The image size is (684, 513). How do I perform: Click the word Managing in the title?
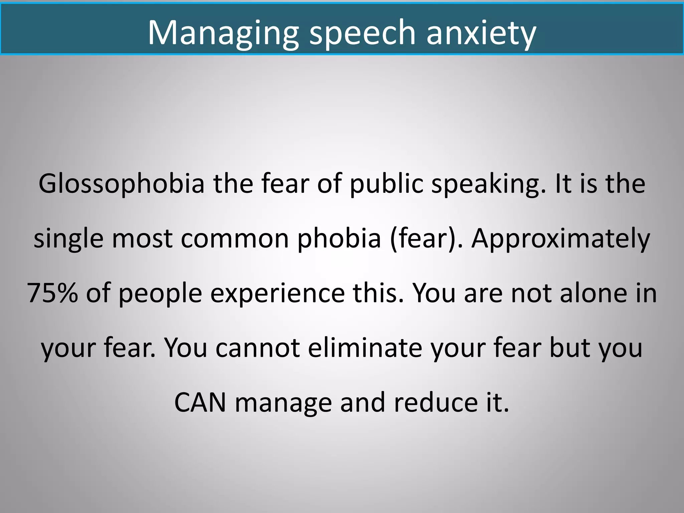(223, 33)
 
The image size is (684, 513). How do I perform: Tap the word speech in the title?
(362, 33)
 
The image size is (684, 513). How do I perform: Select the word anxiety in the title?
(481, 33)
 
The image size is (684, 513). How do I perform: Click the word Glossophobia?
(121, 184)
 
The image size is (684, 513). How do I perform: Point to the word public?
(386, 184)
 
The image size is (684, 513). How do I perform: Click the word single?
(68, 239)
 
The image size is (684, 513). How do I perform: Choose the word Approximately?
(560, 239)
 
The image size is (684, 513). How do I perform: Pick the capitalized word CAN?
(200, 403)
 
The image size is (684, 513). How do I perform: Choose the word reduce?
(436, 403)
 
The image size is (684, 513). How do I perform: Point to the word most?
(142, 239)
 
